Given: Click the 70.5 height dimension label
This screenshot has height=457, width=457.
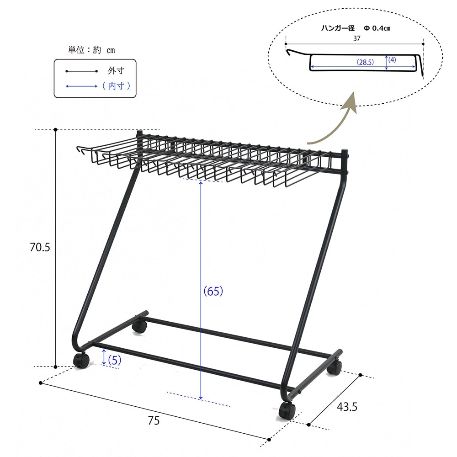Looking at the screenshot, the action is [x=40, y=247].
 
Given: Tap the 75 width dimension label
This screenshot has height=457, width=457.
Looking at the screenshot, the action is [x=154, y=420].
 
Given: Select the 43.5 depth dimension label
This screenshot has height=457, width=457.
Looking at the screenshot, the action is [x=347, y=407].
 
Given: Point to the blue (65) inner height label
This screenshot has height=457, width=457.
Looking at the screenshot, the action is [x=213, y=291].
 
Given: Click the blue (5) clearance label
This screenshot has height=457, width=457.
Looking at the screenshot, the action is [x=115, y=360].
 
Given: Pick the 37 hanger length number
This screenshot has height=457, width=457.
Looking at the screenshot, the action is [x=357, y=38].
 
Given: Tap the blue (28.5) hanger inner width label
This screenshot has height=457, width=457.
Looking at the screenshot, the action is [x=365, y=62].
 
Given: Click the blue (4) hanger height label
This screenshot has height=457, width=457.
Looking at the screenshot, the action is [x=392, y=60].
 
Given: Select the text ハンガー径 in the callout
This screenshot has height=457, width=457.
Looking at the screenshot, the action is [x=338, y=28].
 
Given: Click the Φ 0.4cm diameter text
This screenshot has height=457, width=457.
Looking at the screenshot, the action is [x=377, y=28].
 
